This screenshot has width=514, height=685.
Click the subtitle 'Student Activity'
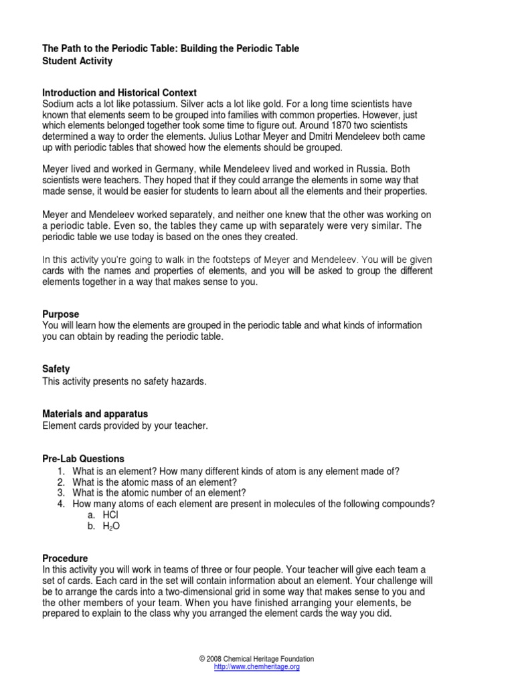[78, 62]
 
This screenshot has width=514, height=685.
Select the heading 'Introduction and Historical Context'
[120, 93]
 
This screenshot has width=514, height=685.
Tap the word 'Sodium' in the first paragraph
[58, 104]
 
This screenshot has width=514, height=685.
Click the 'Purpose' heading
[61, 314]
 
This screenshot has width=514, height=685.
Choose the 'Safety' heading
[56, 369]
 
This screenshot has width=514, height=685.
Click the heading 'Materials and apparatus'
[95, 414]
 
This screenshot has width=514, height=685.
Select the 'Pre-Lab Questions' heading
[84, 459]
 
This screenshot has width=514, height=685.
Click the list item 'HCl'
[110, 514]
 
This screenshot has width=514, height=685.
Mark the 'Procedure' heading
[65, 558]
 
